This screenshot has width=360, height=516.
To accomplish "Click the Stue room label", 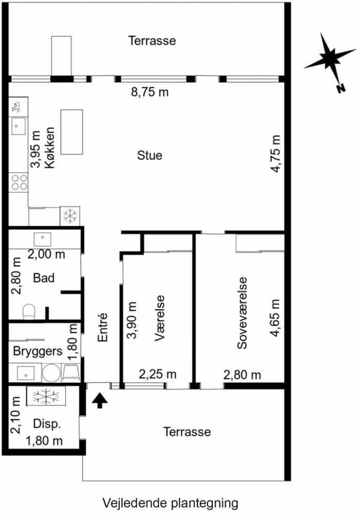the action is pos(150,155).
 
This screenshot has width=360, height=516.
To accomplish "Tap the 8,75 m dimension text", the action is pos(150,92).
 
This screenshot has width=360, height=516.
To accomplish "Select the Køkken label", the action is pos(49,148).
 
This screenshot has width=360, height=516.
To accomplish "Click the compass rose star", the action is pos(330,57).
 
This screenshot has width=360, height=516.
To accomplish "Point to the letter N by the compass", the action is pos(340,88).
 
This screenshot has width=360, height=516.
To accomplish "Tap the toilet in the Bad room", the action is pos(29,311).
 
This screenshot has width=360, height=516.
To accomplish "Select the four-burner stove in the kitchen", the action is pos(19,182).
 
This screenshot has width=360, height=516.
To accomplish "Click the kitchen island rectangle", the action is pos(71,132).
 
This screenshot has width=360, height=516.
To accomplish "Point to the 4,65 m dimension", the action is pos(275,318).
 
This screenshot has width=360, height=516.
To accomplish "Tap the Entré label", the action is pos(103,327).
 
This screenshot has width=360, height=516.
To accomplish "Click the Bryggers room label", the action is pos(38,352).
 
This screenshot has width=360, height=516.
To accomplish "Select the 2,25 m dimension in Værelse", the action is pos(157,374).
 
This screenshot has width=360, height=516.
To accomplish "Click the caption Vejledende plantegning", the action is pos(170,503).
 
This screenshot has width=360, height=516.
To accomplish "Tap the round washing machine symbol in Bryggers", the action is pos(51,373).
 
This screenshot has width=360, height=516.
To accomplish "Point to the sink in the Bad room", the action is pos(43,239).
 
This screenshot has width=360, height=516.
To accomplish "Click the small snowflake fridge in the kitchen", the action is pos(70,216).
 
